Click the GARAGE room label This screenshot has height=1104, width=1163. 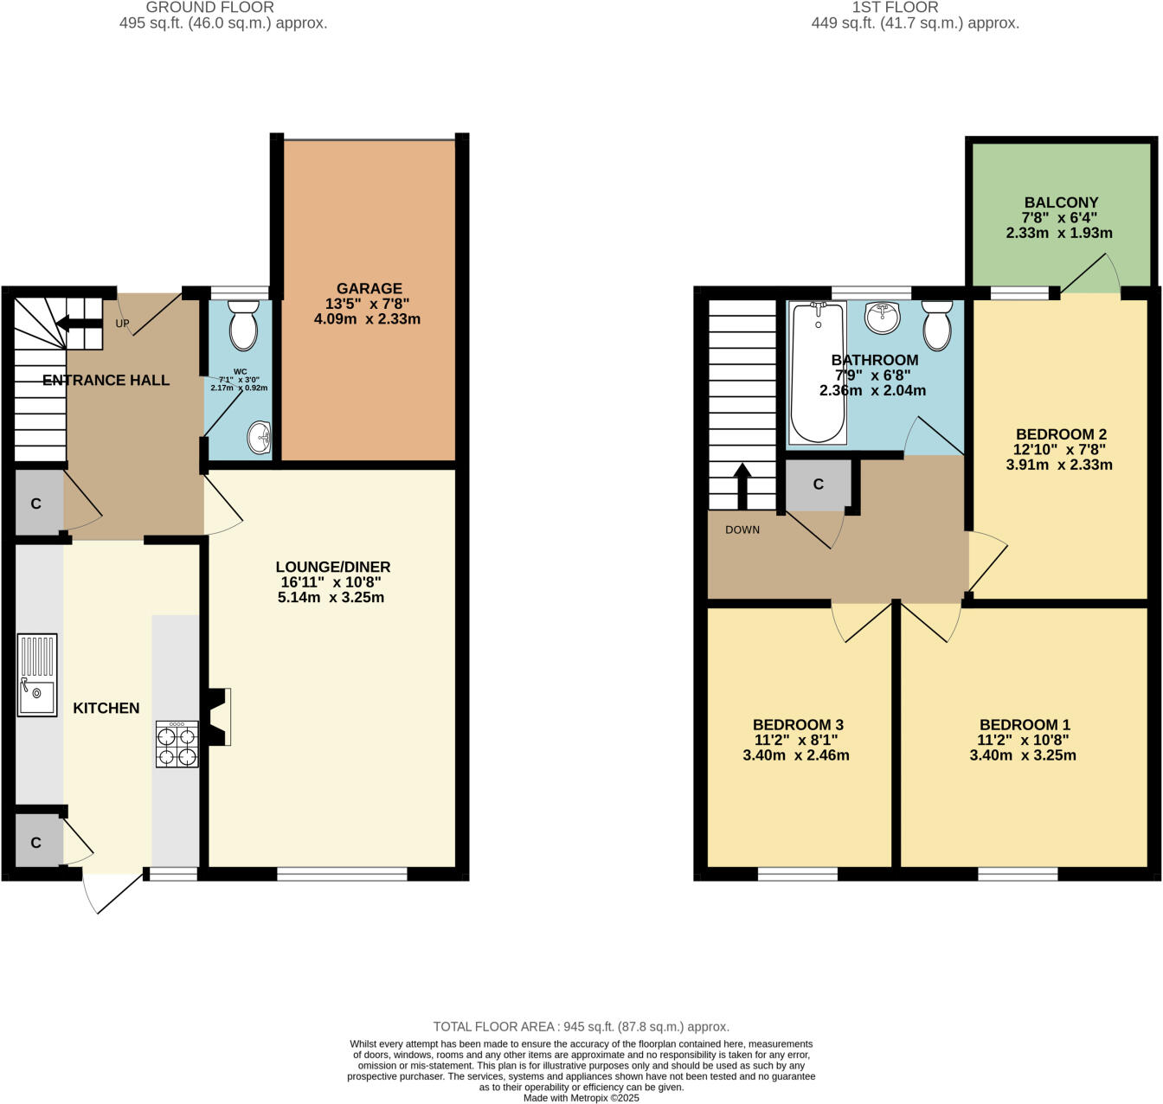(369, 288)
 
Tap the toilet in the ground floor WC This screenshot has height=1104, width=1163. (243, 325)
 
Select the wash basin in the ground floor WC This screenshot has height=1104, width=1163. (259, 438)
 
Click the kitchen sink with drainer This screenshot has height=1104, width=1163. (36, 675)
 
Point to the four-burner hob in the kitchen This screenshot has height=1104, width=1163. (177, 744)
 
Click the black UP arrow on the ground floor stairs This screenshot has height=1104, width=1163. (79, 324)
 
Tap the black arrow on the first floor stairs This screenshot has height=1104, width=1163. (742, 486)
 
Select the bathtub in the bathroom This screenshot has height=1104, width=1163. (818, 372)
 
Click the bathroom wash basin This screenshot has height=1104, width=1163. (883, 318)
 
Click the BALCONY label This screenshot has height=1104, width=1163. (1061, 202)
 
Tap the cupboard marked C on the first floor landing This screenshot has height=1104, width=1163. (818, 485)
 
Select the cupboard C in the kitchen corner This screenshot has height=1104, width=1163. (36, 842)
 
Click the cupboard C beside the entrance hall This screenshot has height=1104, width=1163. (36, 504)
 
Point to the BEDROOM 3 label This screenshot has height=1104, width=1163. (797, 725)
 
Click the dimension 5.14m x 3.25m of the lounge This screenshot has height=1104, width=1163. (331, 597)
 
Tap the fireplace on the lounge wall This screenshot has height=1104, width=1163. (218, 716)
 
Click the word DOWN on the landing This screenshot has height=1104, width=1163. (742, 530)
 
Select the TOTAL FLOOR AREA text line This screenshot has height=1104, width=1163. (581, 1027)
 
